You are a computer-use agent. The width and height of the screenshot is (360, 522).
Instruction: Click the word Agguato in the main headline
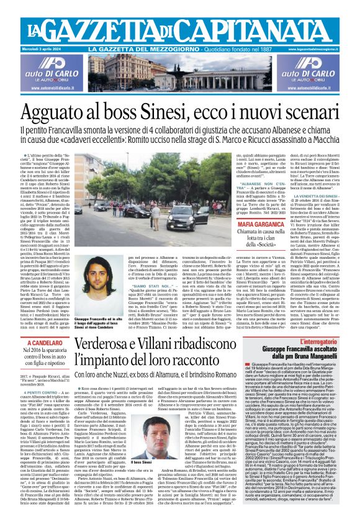pyautogui.click(x=74, y=113)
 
